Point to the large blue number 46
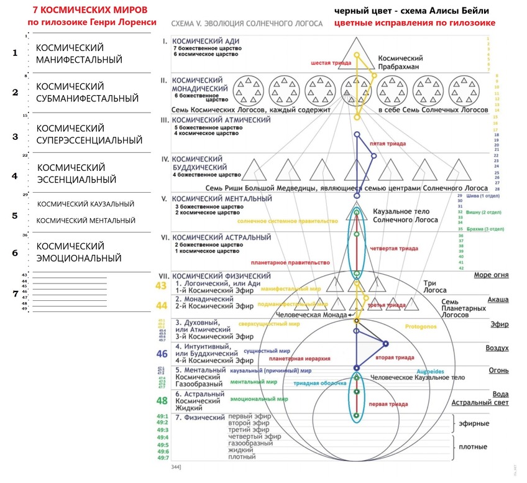pos(162,354)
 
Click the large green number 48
pos(162,400)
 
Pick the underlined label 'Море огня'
pos(491,275)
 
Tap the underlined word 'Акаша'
pos(498,300)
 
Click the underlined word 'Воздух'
pos(497,348)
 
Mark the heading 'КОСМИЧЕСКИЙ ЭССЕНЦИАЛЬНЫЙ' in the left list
pos(77,173)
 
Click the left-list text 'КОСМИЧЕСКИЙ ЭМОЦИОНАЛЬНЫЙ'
pos(78,252)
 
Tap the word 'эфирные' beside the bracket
pos(474,424)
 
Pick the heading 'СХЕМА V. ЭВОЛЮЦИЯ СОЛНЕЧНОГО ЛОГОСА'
pos(246,24)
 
